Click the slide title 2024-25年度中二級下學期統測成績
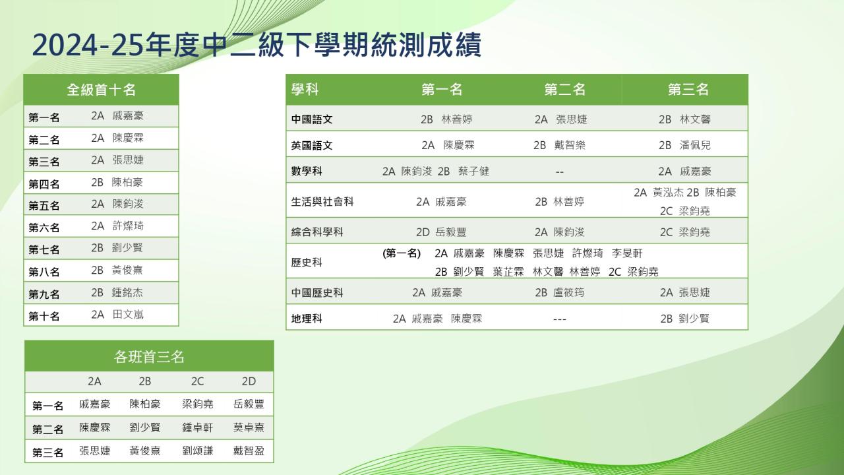tap(256, 45)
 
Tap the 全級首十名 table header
tap(101, 90)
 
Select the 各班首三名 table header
tap(149, 356)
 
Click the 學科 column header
tap(305, 90)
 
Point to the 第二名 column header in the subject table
tap(564, 90)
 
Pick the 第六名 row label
tap(44, 228)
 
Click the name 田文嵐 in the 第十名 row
tap(128, 315)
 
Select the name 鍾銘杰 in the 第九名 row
tap(127, 292)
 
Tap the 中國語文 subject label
tap(312, 119)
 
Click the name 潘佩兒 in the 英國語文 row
tap(695, 145)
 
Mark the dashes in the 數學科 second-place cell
tap(560, 172)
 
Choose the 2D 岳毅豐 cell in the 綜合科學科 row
tap(441, 232)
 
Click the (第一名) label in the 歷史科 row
tap(402, 253)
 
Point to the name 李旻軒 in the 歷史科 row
tap(627, 253)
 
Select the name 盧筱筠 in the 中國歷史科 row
tap(568, 292)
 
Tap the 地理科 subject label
tap(307, 319)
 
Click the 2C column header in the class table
tap(197, 381)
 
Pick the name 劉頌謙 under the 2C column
tap(197, 451)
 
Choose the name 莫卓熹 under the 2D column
tap(249, 427)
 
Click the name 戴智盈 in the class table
tap(249, 451)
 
